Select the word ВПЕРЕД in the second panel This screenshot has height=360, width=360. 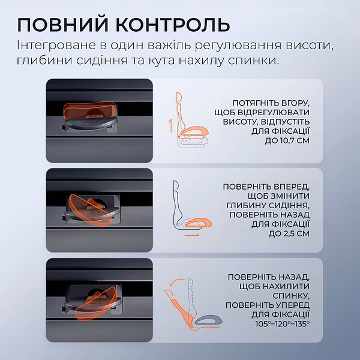(x=291, y=187)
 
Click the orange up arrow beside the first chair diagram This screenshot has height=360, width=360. (x=170, y=125)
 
